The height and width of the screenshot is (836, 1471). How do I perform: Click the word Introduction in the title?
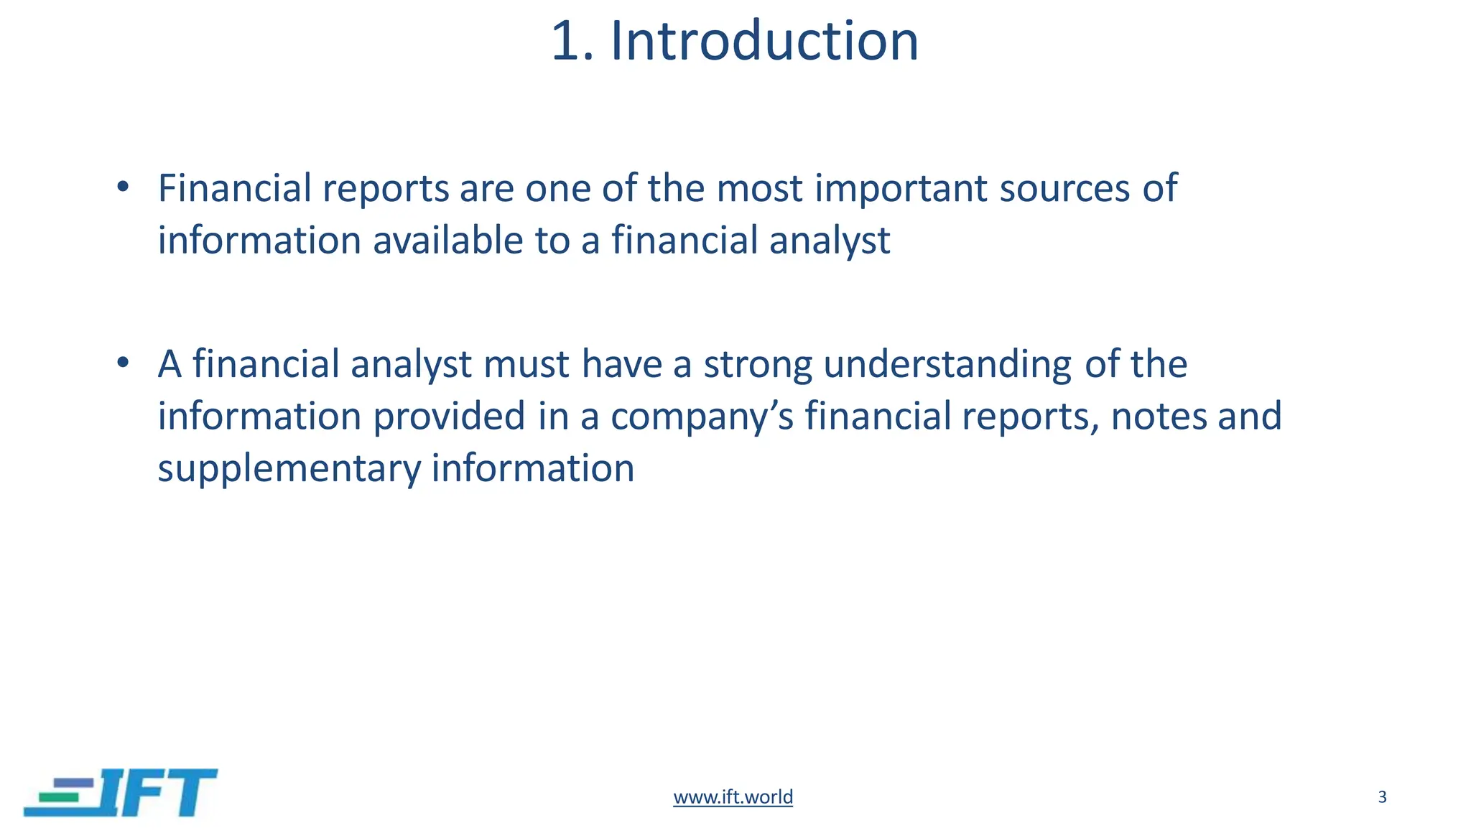click(764, 42)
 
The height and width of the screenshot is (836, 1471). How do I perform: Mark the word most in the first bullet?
click(759, 188)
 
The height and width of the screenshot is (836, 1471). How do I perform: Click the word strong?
click(757, 366)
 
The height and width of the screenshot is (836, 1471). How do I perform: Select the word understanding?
click(947, 366)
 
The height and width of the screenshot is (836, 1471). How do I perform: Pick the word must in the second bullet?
click(526, 364)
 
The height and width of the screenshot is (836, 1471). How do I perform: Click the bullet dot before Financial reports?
click(123, 187)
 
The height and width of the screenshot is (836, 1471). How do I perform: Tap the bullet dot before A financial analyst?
click(123, 363)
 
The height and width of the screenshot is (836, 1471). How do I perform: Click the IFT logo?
click(121, 792)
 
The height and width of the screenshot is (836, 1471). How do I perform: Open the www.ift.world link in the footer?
click(733, 796)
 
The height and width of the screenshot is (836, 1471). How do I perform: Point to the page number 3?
click(1382, 796)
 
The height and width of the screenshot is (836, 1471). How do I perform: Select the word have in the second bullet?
click(621, 364)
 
